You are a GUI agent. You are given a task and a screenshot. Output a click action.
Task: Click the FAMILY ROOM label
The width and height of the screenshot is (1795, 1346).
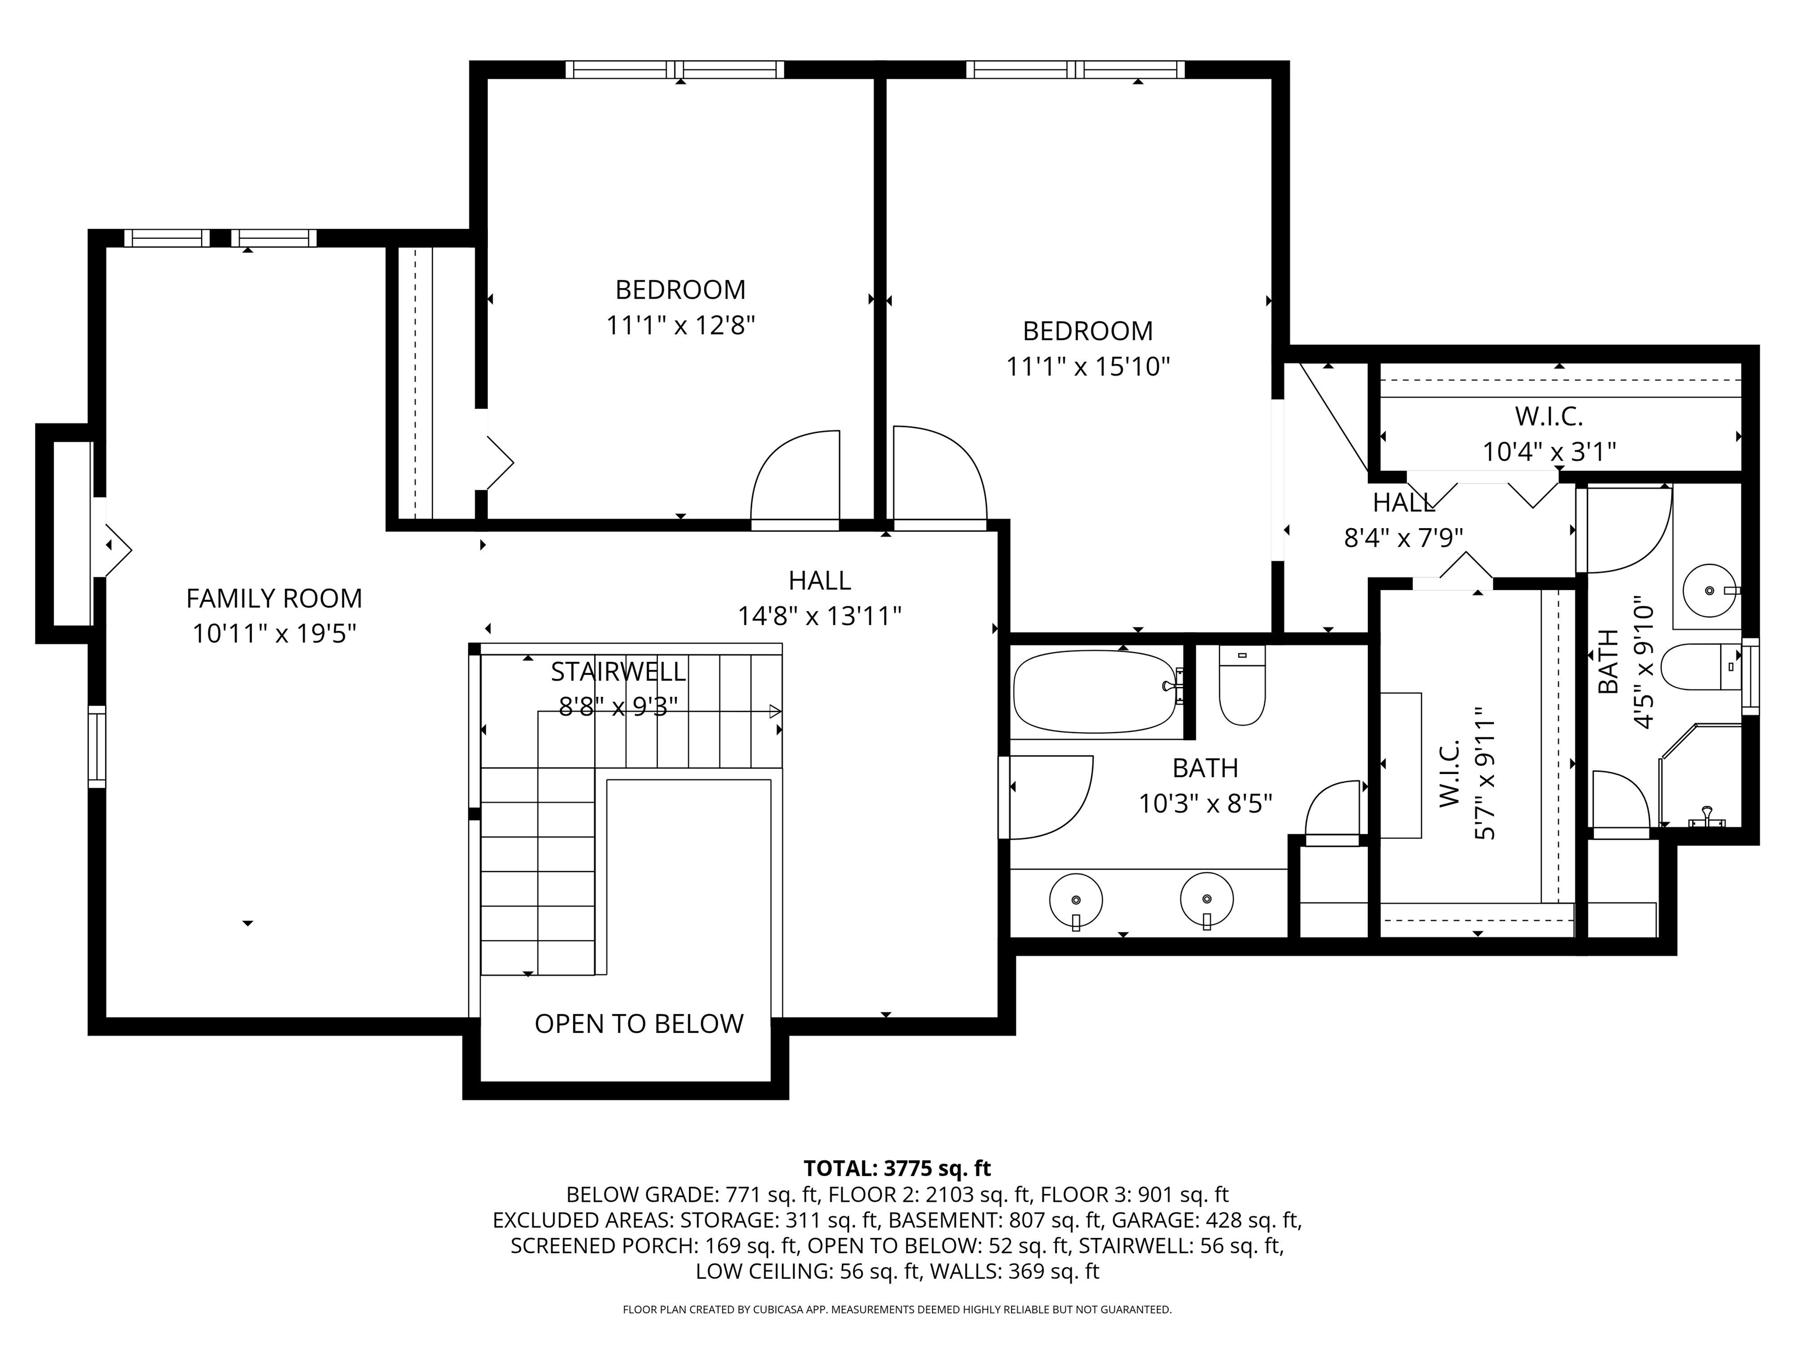coord(274,598)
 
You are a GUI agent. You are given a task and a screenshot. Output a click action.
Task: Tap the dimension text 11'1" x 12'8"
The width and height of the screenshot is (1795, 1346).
coord(681,325)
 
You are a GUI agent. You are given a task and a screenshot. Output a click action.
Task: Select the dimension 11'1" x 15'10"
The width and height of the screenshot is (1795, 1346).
coord(1088,367)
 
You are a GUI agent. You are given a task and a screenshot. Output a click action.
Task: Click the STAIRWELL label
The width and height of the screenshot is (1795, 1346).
coord(618,672)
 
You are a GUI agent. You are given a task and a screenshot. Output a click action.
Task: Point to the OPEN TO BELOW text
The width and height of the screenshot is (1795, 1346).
coord(639,1024)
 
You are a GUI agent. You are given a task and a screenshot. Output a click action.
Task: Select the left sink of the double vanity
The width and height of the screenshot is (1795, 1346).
coord(1076,901)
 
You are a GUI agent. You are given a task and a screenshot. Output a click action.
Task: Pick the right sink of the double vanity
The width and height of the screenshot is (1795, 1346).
coord(1207,901)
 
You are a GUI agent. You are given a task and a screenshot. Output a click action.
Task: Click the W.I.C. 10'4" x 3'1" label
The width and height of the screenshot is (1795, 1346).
coord(1549,434)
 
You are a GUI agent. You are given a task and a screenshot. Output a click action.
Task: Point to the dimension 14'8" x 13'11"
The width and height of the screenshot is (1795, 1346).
coord(820,616)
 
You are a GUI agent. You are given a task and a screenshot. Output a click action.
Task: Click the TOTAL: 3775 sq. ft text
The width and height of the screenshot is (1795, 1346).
coord(897,1168)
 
